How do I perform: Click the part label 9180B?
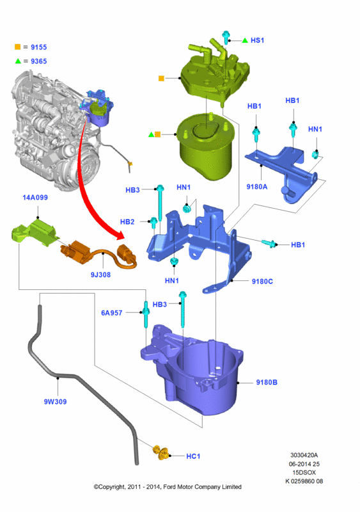(267, 382)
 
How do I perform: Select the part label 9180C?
(262, 281)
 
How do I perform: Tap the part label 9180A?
(257, 186)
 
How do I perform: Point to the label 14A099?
(35, 197)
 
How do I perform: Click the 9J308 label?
(100, 275)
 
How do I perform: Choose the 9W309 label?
(55, 402)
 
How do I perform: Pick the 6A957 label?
(112, 313)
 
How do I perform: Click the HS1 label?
(257, 40)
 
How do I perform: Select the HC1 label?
(193, 456)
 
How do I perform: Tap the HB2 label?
(127, 221)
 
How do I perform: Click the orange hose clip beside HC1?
(161, 452)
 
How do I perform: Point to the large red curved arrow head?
(119, 236)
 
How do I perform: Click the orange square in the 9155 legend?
(18, 47)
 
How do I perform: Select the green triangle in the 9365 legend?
(18, 61)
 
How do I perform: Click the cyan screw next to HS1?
(226, 37)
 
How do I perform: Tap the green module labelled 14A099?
(33, 232)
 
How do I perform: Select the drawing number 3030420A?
(304, 455)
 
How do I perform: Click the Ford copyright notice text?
(168, 487)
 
